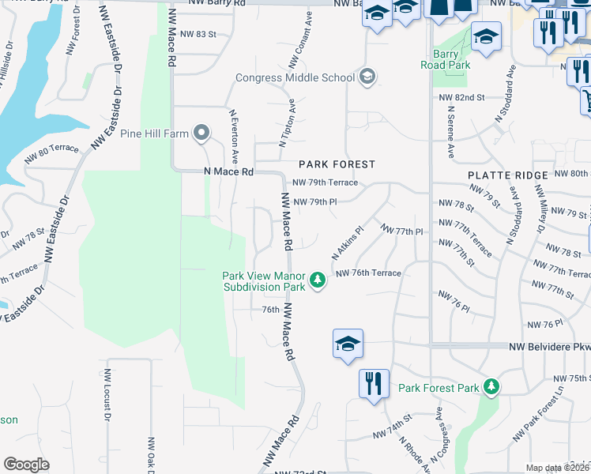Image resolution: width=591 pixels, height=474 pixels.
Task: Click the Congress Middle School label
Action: click(x=296, y=77)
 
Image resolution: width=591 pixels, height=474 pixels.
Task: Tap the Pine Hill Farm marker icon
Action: click(x=201, y=134)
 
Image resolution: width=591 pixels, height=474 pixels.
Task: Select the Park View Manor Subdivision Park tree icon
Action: click(x=318, y=280)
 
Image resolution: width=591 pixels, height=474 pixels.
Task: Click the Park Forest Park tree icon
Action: click(x=492, y=387)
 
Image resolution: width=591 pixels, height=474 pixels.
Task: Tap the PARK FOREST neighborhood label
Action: click(x=336, y=164)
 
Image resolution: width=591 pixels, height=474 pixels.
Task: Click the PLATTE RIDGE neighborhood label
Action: click(x=507, y=175)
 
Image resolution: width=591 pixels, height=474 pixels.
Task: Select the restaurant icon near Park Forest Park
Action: click(x=373, y=383)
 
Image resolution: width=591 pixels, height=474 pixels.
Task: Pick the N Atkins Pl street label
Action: click(x=346, y=244)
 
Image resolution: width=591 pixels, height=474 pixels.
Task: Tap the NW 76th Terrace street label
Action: click(x=368, y=273)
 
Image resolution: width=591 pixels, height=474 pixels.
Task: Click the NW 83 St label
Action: click(x=197, y=34)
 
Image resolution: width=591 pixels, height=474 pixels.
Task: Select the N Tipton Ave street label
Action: click(x=287, y=122)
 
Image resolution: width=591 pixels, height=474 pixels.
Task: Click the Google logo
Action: click(x=26, y=465)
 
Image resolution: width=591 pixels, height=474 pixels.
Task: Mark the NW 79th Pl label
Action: click(x=315, y=201)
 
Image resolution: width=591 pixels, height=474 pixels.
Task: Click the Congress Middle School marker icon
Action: click(x=367, y=77)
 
